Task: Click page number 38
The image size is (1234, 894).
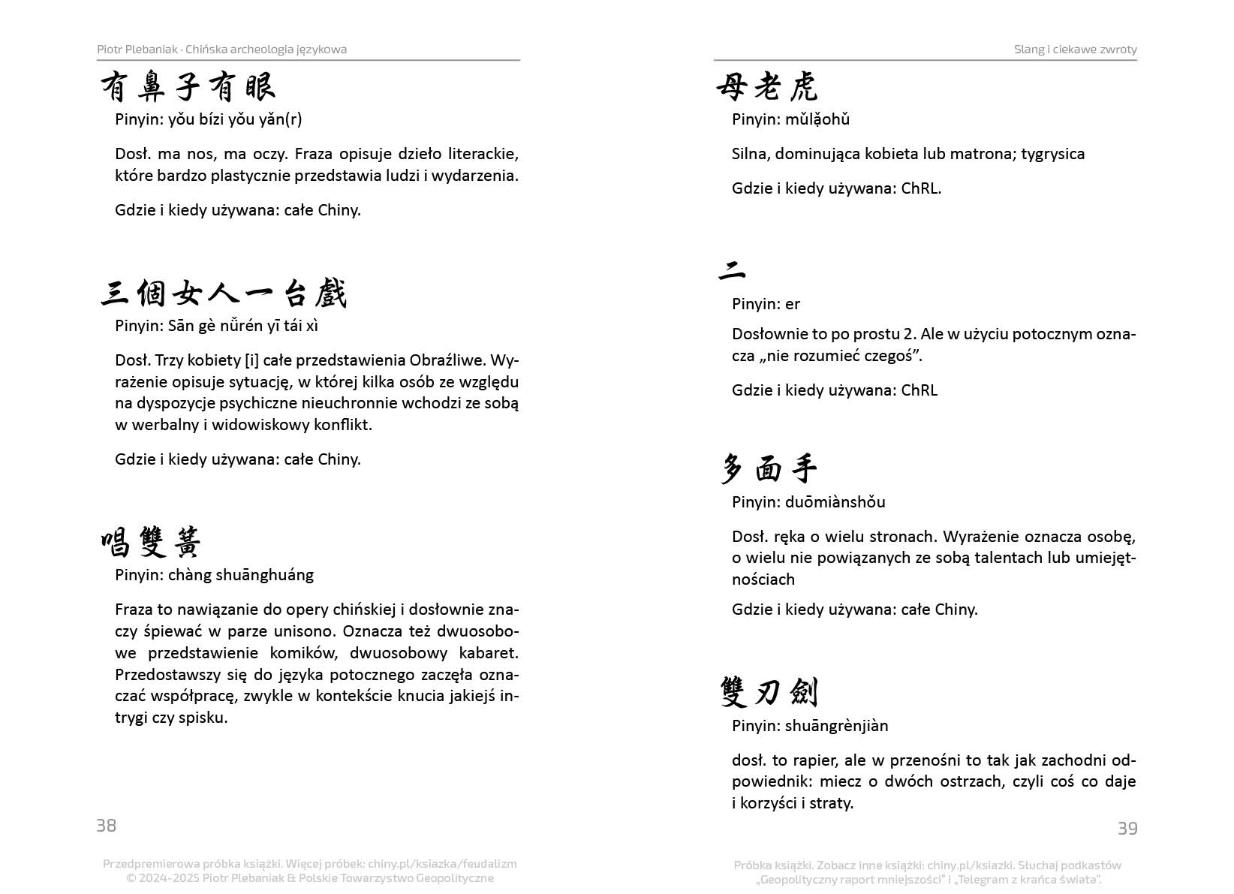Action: [x=106, y=825]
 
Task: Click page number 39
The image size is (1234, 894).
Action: [x=1127, y=828]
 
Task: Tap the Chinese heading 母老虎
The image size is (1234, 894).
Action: [x=766, y=87]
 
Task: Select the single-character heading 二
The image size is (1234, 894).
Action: [x=732, y=270]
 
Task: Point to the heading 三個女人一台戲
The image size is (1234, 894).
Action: [x=224, y=293]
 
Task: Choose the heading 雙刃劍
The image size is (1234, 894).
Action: [x=768, y=691]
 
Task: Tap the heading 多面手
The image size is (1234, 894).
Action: [x=768, y=469]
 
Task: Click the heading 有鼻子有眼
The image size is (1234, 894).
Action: [x=188, y=87]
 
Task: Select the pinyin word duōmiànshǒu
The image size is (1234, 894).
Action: [x=835, y=502]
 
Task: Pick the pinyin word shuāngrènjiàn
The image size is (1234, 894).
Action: [x=837, y=726]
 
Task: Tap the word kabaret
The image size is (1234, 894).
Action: [x=489, y=653]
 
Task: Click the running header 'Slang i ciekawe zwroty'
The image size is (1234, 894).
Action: [x=1075, y=50]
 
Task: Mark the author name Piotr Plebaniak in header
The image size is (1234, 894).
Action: [x=137, y=50]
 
